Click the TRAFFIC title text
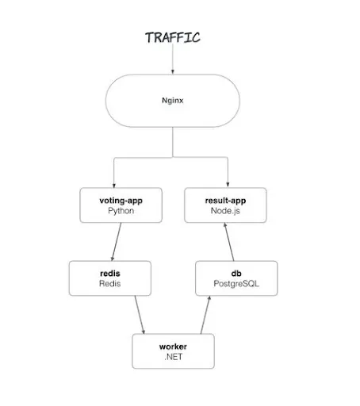coord(173,37)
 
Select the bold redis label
coord(109,273)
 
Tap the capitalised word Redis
coord(109,284)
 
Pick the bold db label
coord(236,273)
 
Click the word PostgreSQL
coord(236,284)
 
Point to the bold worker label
coord(173,347)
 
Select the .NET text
coord(173,358)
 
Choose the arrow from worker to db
coord(205,316)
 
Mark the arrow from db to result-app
coord(230,241)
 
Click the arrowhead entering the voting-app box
coord(115,184)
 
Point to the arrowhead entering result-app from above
coord(228,184)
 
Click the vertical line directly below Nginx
coord(173,143)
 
